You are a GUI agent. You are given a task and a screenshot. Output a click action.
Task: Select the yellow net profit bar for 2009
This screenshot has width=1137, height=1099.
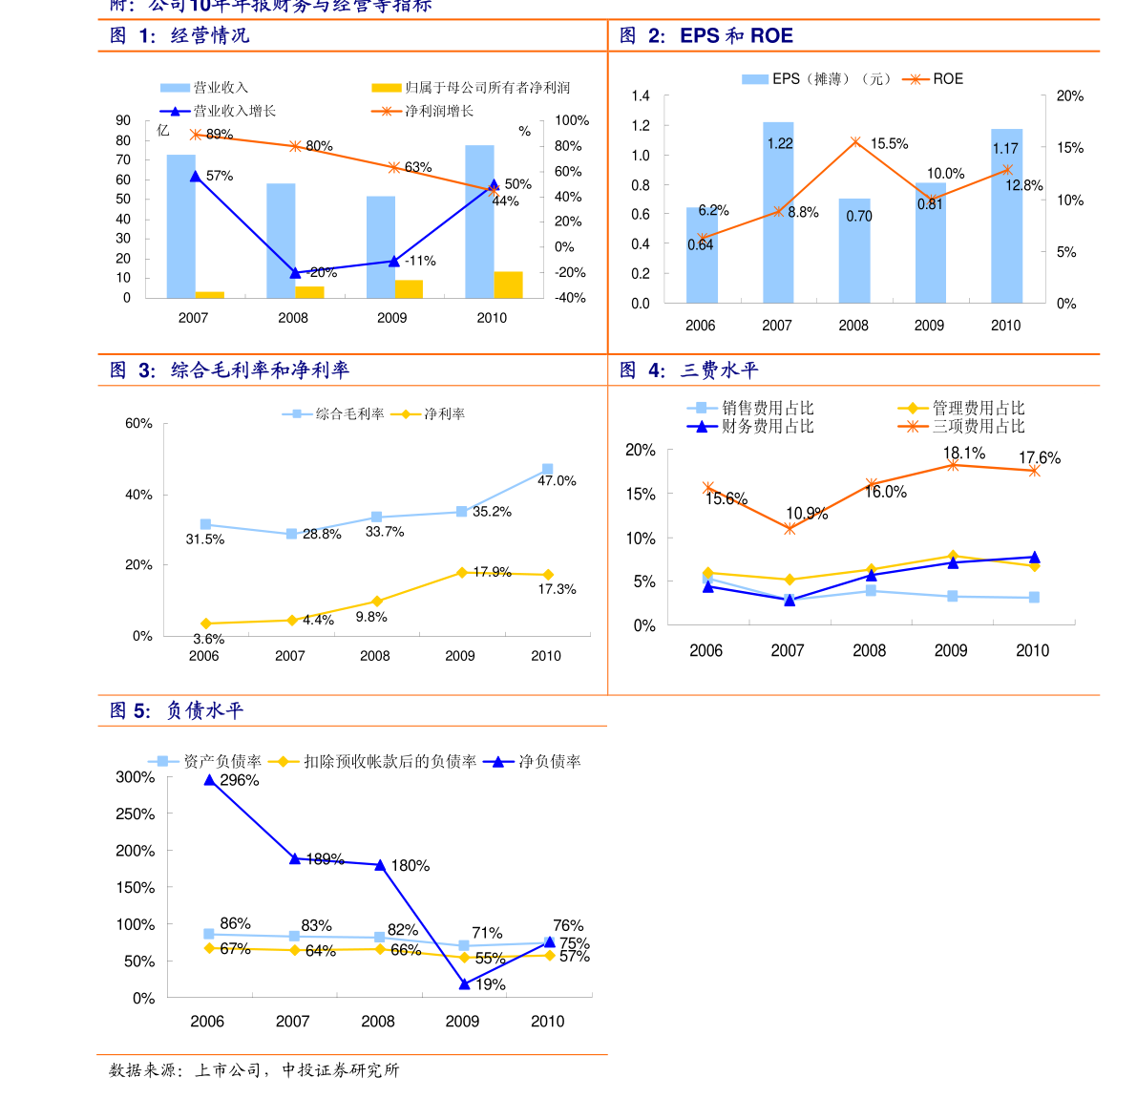pyautogui.click(x=409, y=288)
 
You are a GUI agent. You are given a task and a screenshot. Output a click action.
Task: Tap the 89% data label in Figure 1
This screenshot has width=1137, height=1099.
pyautogui.click(x=220, y=135)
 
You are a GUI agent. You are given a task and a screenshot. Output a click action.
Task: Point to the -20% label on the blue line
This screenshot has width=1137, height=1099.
pyautogui.click(x=323, y=273)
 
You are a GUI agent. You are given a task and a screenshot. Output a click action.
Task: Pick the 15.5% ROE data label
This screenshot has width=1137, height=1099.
pyautogui.click(x=889, y=144)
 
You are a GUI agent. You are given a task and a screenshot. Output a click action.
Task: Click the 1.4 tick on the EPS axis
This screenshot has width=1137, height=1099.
pyautogui.click(x=640, y=95)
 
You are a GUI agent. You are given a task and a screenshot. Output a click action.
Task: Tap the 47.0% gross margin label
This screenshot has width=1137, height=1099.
pyautogui.click(x=557, y=481)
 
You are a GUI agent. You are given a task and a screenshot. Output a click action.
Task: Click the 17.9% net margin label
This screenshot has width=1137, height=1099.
pyautogui.click(x=492, y=572)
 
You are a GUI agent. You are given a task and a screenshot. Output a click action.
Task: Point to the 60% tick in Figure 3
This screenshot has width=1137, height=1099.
pyautogui.click(x=138, y=423)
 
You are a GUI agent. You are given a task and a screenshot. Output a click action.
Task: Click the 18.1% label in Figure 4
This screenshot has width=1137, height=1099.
pyautogui.click(x=964, y=454)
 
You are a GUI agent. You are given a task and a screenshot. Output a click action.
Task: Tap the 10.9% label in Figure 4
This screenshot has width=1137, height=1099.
pyautogui.click(x=807, y=514)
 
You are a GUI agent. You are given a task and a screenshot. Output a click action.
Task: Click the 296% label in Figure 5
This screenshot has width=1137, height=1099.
pyautogui.click(x=239, y=780)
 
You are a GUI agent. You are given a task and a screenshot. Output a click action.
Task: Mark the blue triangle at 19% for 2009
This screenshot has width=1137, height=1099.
pyautogui.click(x=464, y=983)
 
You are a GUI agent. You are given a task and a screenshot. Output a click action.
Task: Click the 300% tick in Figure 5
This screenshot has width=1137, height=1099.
pyautogui.click(x=136, y=777)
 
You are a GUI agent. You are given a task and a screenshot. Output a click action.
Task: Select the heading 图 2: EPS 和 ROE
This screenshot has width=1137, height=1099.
pyautogui.click(x=705, y=36)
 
